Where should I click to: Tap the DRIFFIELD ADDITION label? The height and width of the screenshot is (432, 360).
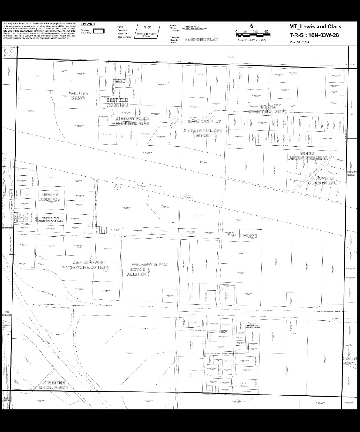pyautogui.click(x=118, y=103)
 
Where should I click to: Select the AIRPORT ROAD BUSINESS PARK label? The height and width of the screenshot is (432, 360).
pyautogui.click(x=132, y=121)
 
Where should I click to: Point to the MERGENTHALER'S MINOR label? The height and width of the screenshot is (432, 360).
pyautogui.click(x=202, y=133)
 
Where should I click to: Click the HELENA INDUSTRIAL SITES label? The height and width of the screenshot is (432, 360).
pyautogui.click(x=268, y=110)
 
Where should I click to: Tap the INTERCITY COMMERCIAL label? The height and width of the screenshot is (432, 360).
pyautogui.click(x=323, y=180)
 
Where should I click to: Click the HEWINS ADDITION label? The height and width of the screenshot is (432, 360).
pyautogui.click(x=49, y=196)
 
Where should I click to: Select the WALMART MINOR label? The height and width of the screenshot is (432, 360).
pyautogui.click(x=149, y=264)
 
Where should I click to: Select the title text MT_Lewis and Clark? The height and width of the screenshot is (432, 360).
pyautogui.click(x=315, y=27)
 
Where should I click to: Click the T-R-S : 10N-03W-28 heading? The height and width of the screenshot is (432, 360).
pyautogui.click(x=315, y=35)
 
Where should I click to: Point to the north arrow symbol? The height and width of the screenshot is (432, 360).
pyautogui.click(x=251, y=26)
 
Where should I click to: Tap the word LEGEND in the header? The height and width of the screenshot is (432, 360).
pyautogui.click(x=88, y=24)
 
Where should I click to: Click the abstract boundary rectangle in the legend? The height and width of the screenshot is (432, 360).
pyautogui.click(x=99, y=31)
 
